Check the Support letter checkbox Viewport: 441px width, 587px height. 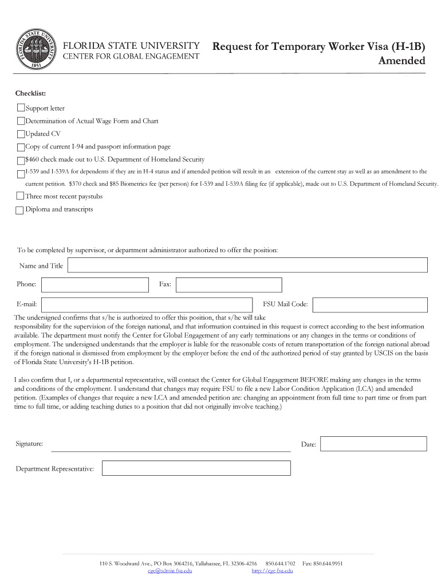[x=21, y=108]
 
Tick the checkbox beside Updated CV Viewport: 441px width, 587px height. [x=21, y=134]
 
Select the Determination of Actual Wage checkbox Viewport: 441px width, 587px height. [x=21, y=121]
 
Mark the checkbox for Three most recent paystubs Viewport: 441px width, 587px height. [x=21, y=196]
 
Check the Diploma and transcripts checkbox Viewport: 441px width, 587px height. [x=20, y=210]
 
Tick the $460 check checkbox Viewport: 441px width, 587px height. [x=21, y=160]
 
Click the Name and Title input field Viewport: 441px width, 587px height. [x=247, y=265]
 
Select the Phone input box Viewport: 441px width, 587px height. [x=94, y=285]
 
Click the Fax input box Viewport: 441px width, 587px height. [x=229, y=285]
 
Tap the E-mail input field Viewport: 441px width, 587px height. [x=147, y=305]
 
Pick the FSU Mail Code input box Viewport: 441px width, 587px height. [x=369, y=305]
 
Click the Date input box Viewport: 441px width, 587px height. [x=373, y=444]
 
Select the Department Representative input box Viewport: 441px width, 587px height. [x=196, y=468]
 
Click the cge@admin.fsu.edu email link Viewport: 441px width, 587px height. [x=170, y=571]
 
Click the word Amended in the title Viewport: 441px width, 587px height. [x=402, y=61]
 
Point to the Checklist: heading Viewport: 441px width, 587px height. [x=31, y=93]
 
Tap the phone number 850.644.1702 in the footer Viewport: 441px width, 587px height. [x=280, y=563]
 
